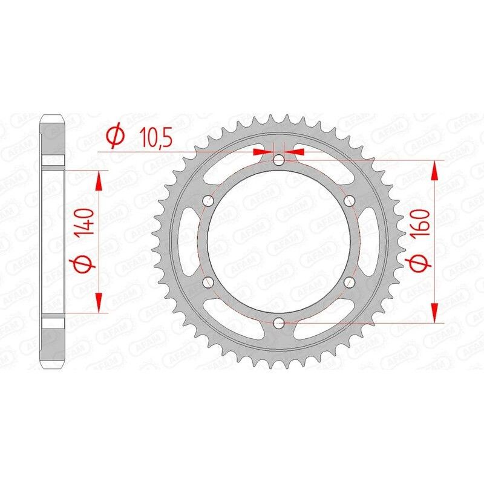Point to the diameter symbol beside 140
(84, 264)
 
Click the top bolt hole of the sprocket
(278, 160)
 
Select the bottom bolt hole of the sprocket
(278, 324)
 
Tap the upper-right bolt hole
(348, 201)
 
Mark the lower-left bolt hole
(208, 283)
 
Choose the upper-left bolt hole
(208, 201)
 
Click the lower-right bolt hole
(348, 283)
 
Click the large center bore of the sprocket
(278, 242)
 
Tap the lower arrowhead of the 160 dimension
(434, 314)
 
